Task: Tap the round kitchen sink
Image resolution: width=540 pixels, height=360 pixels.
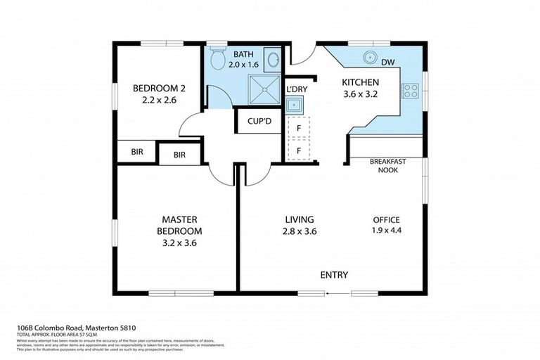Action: pyautogui.click(x=368, y=58)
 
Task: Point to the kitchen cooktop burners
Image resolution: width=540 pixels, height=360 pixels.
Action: pyautogui.click(x=408, y=90)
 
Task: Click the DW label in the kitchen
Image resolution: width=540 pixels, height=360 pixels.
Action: pyautogui.click(x=387, y=63)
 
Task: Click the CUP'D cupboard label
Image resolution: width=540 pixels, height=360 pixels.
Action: pyautogui.click(x=259, y=121)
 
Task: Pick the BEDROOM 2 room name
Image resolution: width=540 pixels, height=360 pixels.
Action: pyautogui.click(x=159, y=89)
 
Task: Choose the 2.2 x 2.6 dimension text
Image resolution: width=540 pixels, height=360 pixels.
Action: pyautogui.click(x=159, y=101)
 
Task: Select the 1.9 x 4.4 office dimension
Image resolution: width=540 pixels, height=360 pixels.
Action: pyautogui.click(x=387, y=230)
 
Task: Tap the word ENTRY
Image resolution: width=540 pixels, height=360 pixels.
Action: pyautogui.click(x=334, y=275)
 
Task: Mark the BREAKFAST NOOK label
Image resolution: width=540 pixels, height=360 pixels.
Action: pyautogui.click(x=388, y=165)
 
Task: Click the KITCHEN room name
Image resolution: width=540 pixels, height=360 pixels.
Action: pyautogui.click(x=361, y=81)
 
